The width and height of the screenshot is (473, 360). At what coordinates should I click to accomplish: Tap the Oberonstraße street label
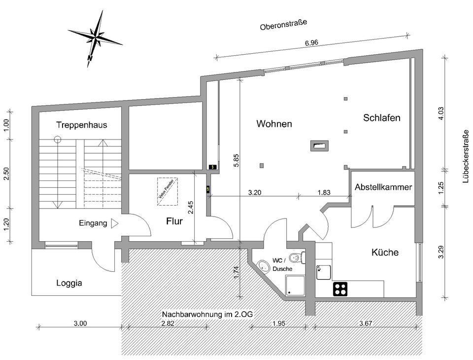pos(283,25)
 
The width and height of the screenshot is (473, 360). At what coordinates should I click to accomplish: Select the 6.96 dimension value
pos(311,43)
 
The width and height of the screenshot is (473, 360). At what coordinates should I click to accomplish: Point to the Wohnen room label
pos(274,124)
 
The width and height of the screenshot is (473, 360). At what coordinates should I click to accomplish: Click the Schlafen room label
pos(381,118)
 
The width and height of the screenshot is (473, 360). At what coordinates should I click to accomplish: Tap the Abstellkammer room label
pos(383,187)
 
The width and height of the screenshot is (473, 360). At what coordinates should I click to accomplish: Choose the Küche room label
pos(385,252)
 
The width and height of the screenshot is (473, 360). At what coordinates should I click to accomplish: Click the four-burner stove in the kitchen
pos(340,288)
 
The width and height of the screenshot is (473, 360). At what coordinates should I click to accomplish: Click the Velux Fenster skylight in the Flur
pos(168,192)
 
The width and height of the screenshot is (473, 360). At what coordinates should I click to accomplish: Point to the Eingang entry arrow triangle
pos(115,223)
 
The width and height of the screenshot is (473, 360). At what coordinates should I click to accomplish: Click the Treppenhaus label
pos(81,125)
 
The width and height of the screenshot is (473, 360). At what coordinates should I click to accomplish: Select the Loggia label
pos(69,283)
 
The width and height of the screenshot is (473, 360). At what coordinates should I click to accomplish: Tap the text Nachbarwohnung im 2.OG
pos(207,314)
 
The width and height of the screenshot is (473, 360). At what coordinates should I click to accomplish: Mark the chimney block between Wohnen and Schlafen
pos(318,145)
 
